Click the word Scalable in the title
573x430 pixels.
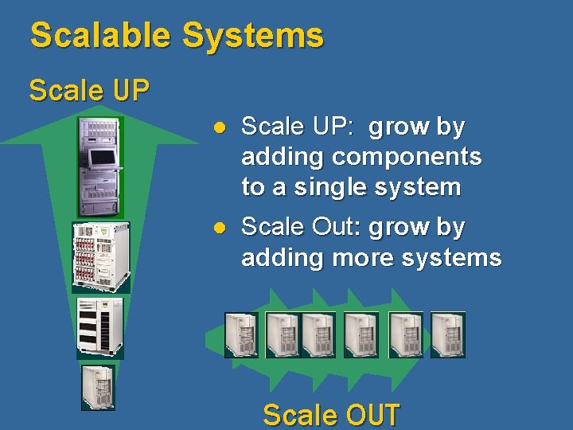(100, 36)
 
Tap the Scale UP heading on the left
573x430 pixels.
(89, 90)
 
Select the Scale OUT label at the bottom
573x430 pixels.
(331, 415)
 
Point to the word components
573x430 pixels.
(407, 157)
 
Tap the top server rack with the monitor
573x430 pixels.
(100, 166)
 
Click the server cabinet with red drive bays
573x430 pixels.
(100, 256)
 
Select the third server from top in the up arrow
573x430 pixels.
(99, 326)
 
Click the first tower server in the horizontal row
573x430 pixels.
(241, 334)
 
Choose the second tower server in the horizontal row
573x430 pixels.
(282, 334)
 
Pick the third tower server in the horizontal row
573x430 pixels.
(318, 334)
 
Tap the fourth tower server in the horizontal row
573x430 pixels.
(361, 334)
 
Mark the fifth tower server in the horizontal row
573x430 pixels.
(406, 334)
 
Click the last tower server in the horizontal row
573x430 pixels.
(447, 334)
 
